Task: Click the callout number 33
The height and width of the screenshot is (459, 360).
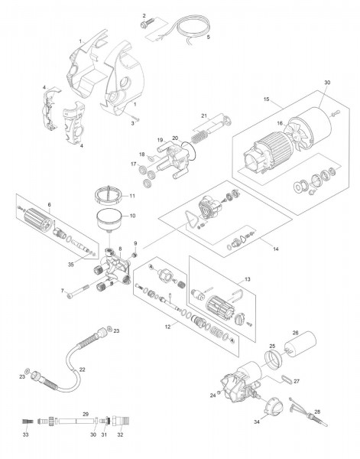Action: pyautogui.click(x=25, y=434)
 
